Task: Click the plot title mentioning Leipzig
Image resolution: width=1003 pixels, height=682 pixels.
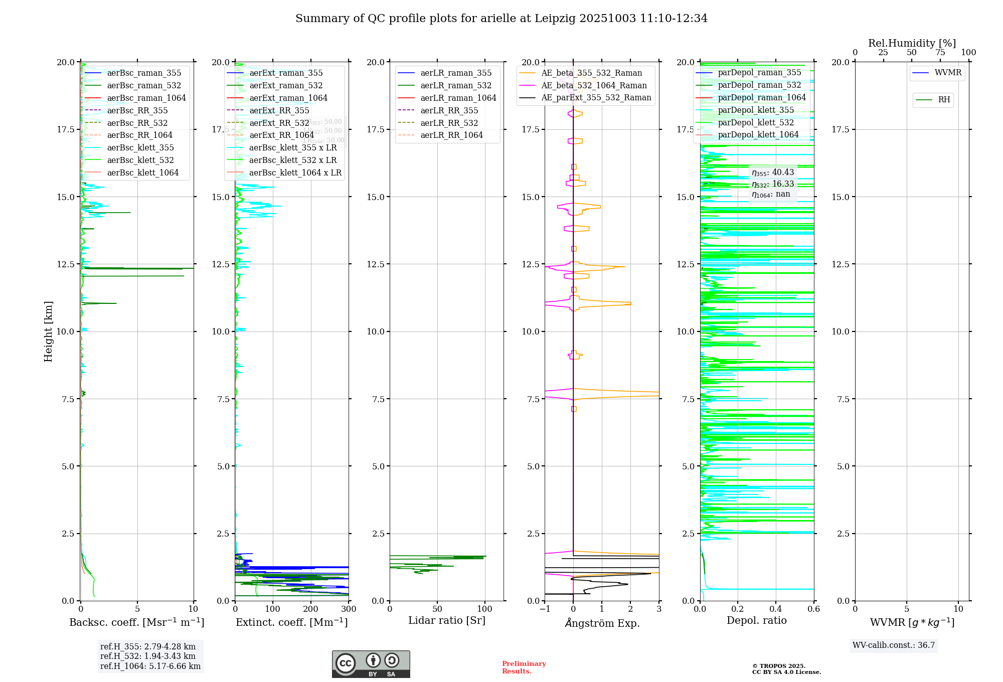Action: point(501,19)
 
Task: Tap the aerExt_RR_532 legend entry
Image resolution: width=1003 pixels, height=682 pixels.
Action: point(279,123)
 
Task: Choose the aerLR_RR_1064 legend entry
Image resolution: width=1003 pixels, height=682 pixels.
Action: point(451,135)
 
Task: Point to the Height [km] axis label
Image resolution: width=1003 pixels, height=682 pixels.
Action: point(48,331)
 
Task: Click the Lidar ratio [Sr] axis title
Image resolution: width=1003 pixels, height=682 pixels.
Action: point(446,621)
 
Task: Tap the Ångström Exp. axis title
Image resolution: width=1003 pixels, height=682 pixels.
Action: point(602,623)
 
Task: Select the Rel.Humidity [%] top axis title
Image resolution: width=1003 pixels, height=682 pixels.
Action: point(912,43)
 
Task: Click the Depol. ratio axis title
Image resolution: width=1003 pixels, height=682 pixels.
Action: point(756,621)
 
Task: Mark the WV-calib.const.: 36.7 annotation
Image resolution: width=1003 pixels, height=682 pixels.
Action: point(893,645)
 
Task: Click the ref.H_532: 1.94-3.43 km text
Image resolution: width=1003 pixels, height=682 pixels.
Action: point(148,656)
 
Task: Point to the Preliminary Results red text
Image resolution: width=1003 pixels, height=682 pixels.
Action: point(524,667)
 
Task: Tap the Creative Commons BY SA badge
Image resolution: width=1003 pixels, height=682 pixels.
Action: point(371,664)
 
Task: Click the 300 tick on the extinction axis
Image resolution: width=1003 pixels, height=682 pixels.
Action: point(349,609)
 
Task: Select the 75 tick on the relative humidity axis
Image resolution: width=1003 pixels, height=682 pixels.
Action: point(940,53)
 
